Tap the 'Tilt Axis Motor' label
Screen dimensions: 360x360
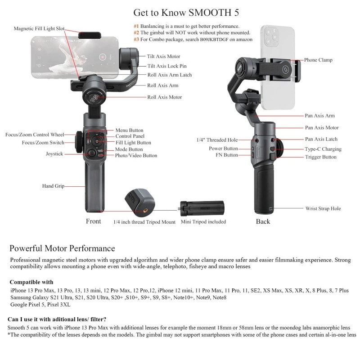[163, 57]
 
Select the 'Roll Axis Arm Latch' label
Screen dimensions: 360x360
[170, 75]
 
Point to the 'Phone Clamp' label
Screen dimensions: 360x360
[318, 60]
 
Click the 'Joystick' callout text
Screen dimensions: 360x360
[54, 154]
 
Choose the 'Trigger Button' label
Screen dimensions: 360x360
[320, 157]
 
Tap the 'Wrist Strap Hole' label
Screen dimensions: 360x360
[323, 208]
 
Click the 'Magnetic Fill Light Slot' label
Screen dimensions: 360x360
[39, 28]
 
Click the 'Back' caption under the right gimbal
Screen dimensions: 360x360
[263, 221]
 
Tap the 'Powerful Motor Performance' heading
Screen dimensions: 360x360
[62, 248]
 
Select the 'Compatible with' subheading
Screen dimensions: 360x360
[31, 281]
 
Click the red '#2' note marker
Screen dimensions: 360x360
[136, 33]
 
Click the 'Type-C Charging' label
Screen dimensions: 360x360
[323, 149]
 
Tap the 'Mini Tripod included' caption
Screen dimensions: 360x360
[203, 222]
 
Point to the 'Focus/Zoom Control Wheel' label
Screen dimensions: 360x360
[35, 134]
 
